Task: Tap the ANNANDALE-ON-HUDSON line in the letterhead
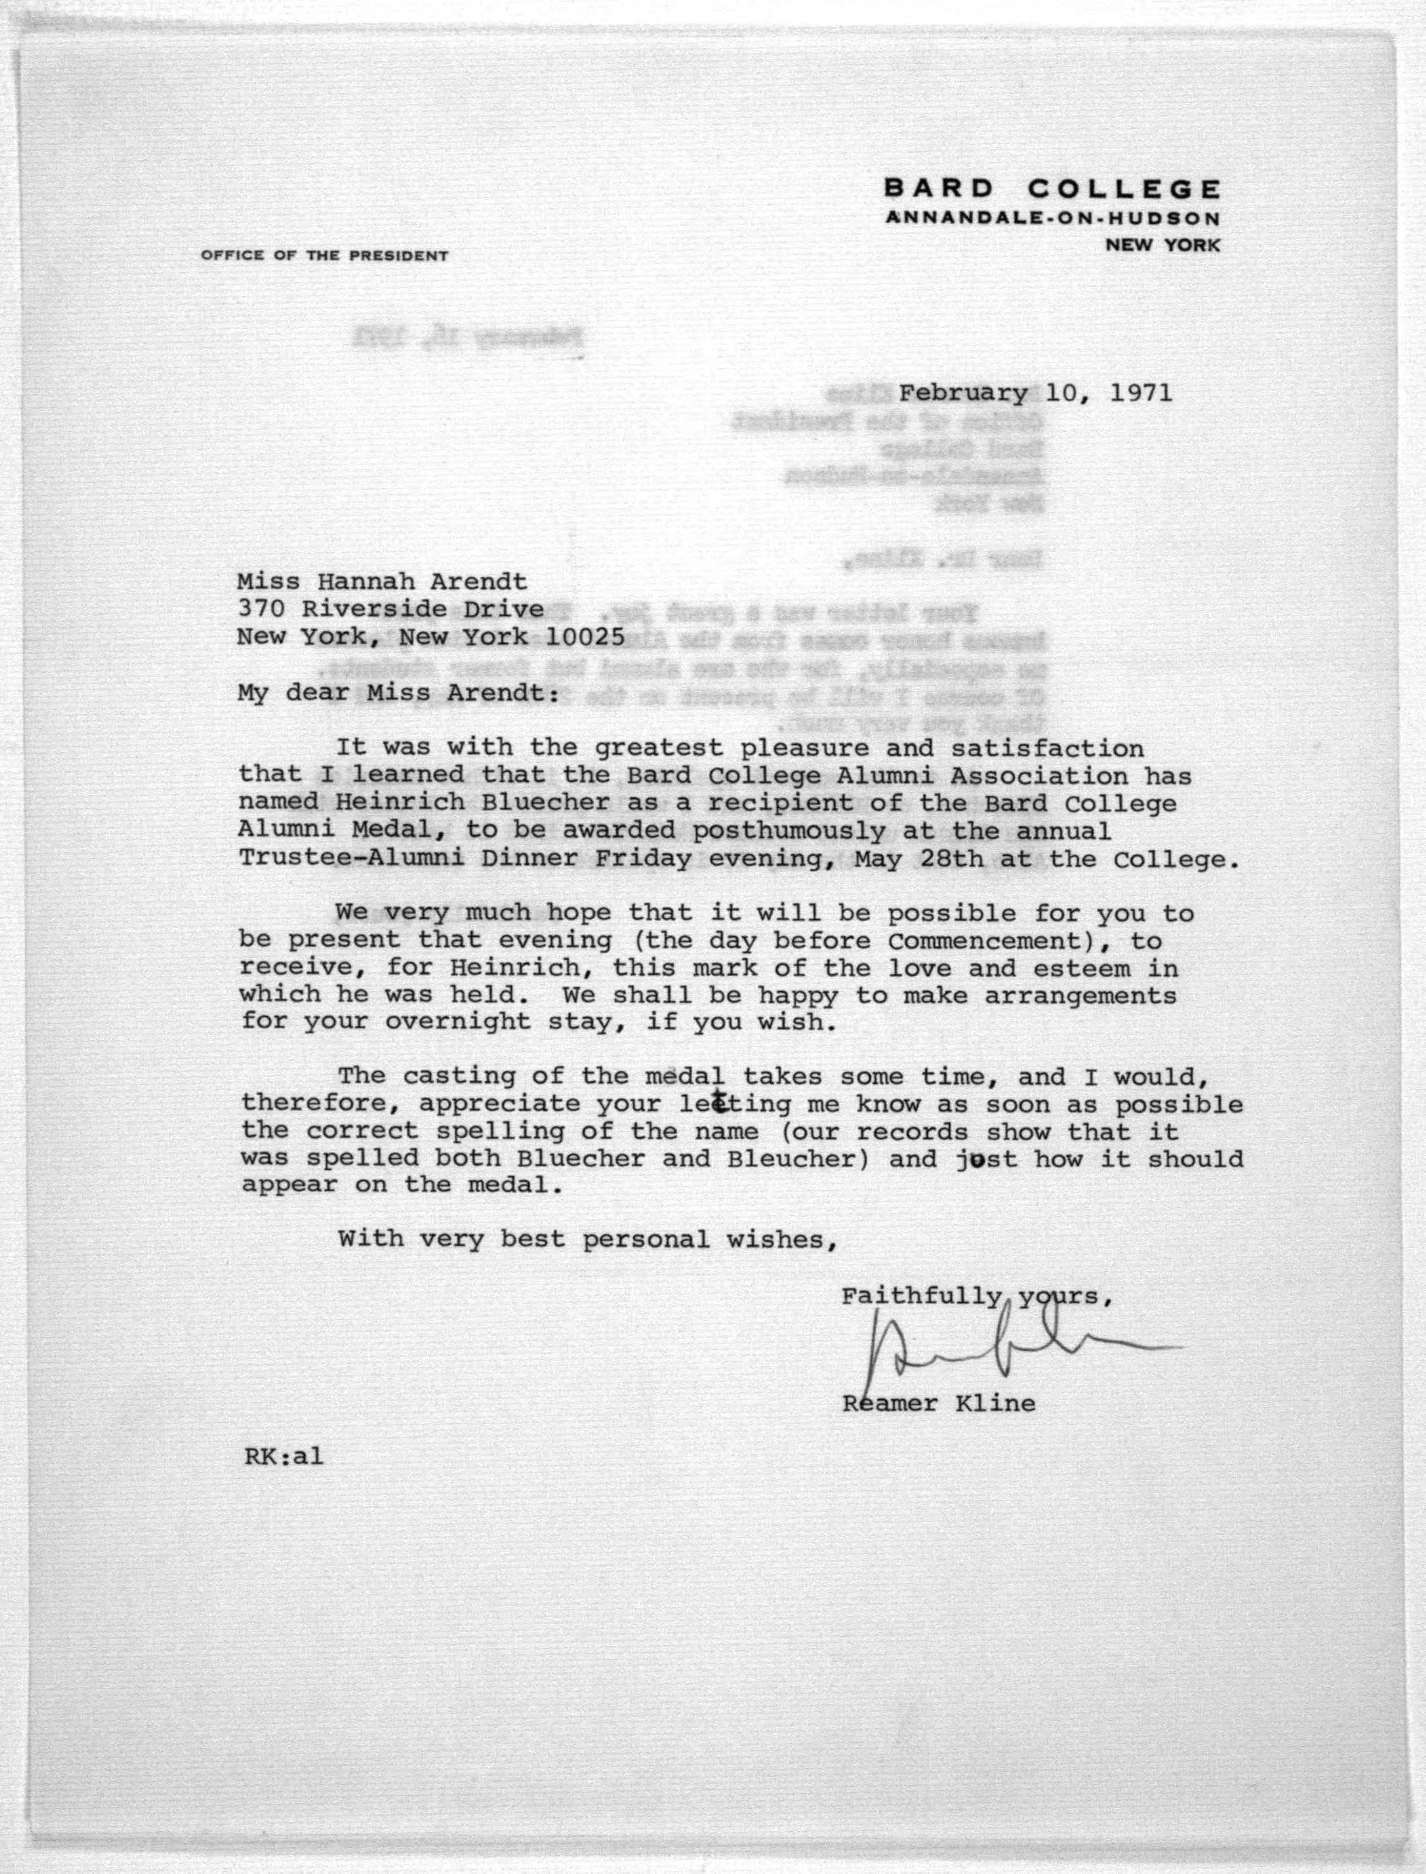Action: point(1053,218)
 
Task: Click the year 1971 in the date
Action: point(1139,393)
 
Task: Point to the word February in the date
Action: point(963,393)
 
